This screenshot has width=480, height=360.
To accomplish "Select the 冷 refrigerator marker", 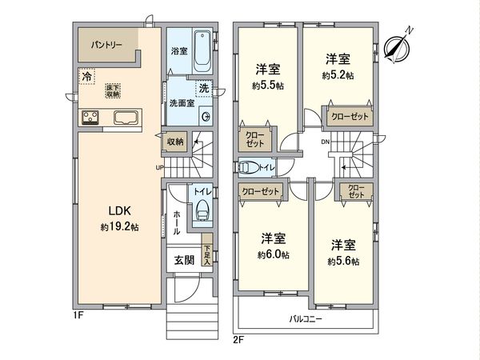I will pos(86,77).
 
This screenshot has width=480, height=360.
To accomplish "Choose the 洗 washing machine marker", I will pos(202,87).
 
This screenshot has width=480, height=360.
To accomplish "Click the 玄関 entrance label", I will pos(183,260).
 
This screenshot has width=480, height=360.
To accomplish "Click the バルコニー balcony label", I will pos(306,319).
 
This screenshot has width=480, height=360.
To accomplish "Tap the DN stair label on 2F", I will pos(324,142).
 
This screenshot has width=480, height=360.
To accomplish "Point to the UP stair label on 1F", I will pos(159,167).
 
